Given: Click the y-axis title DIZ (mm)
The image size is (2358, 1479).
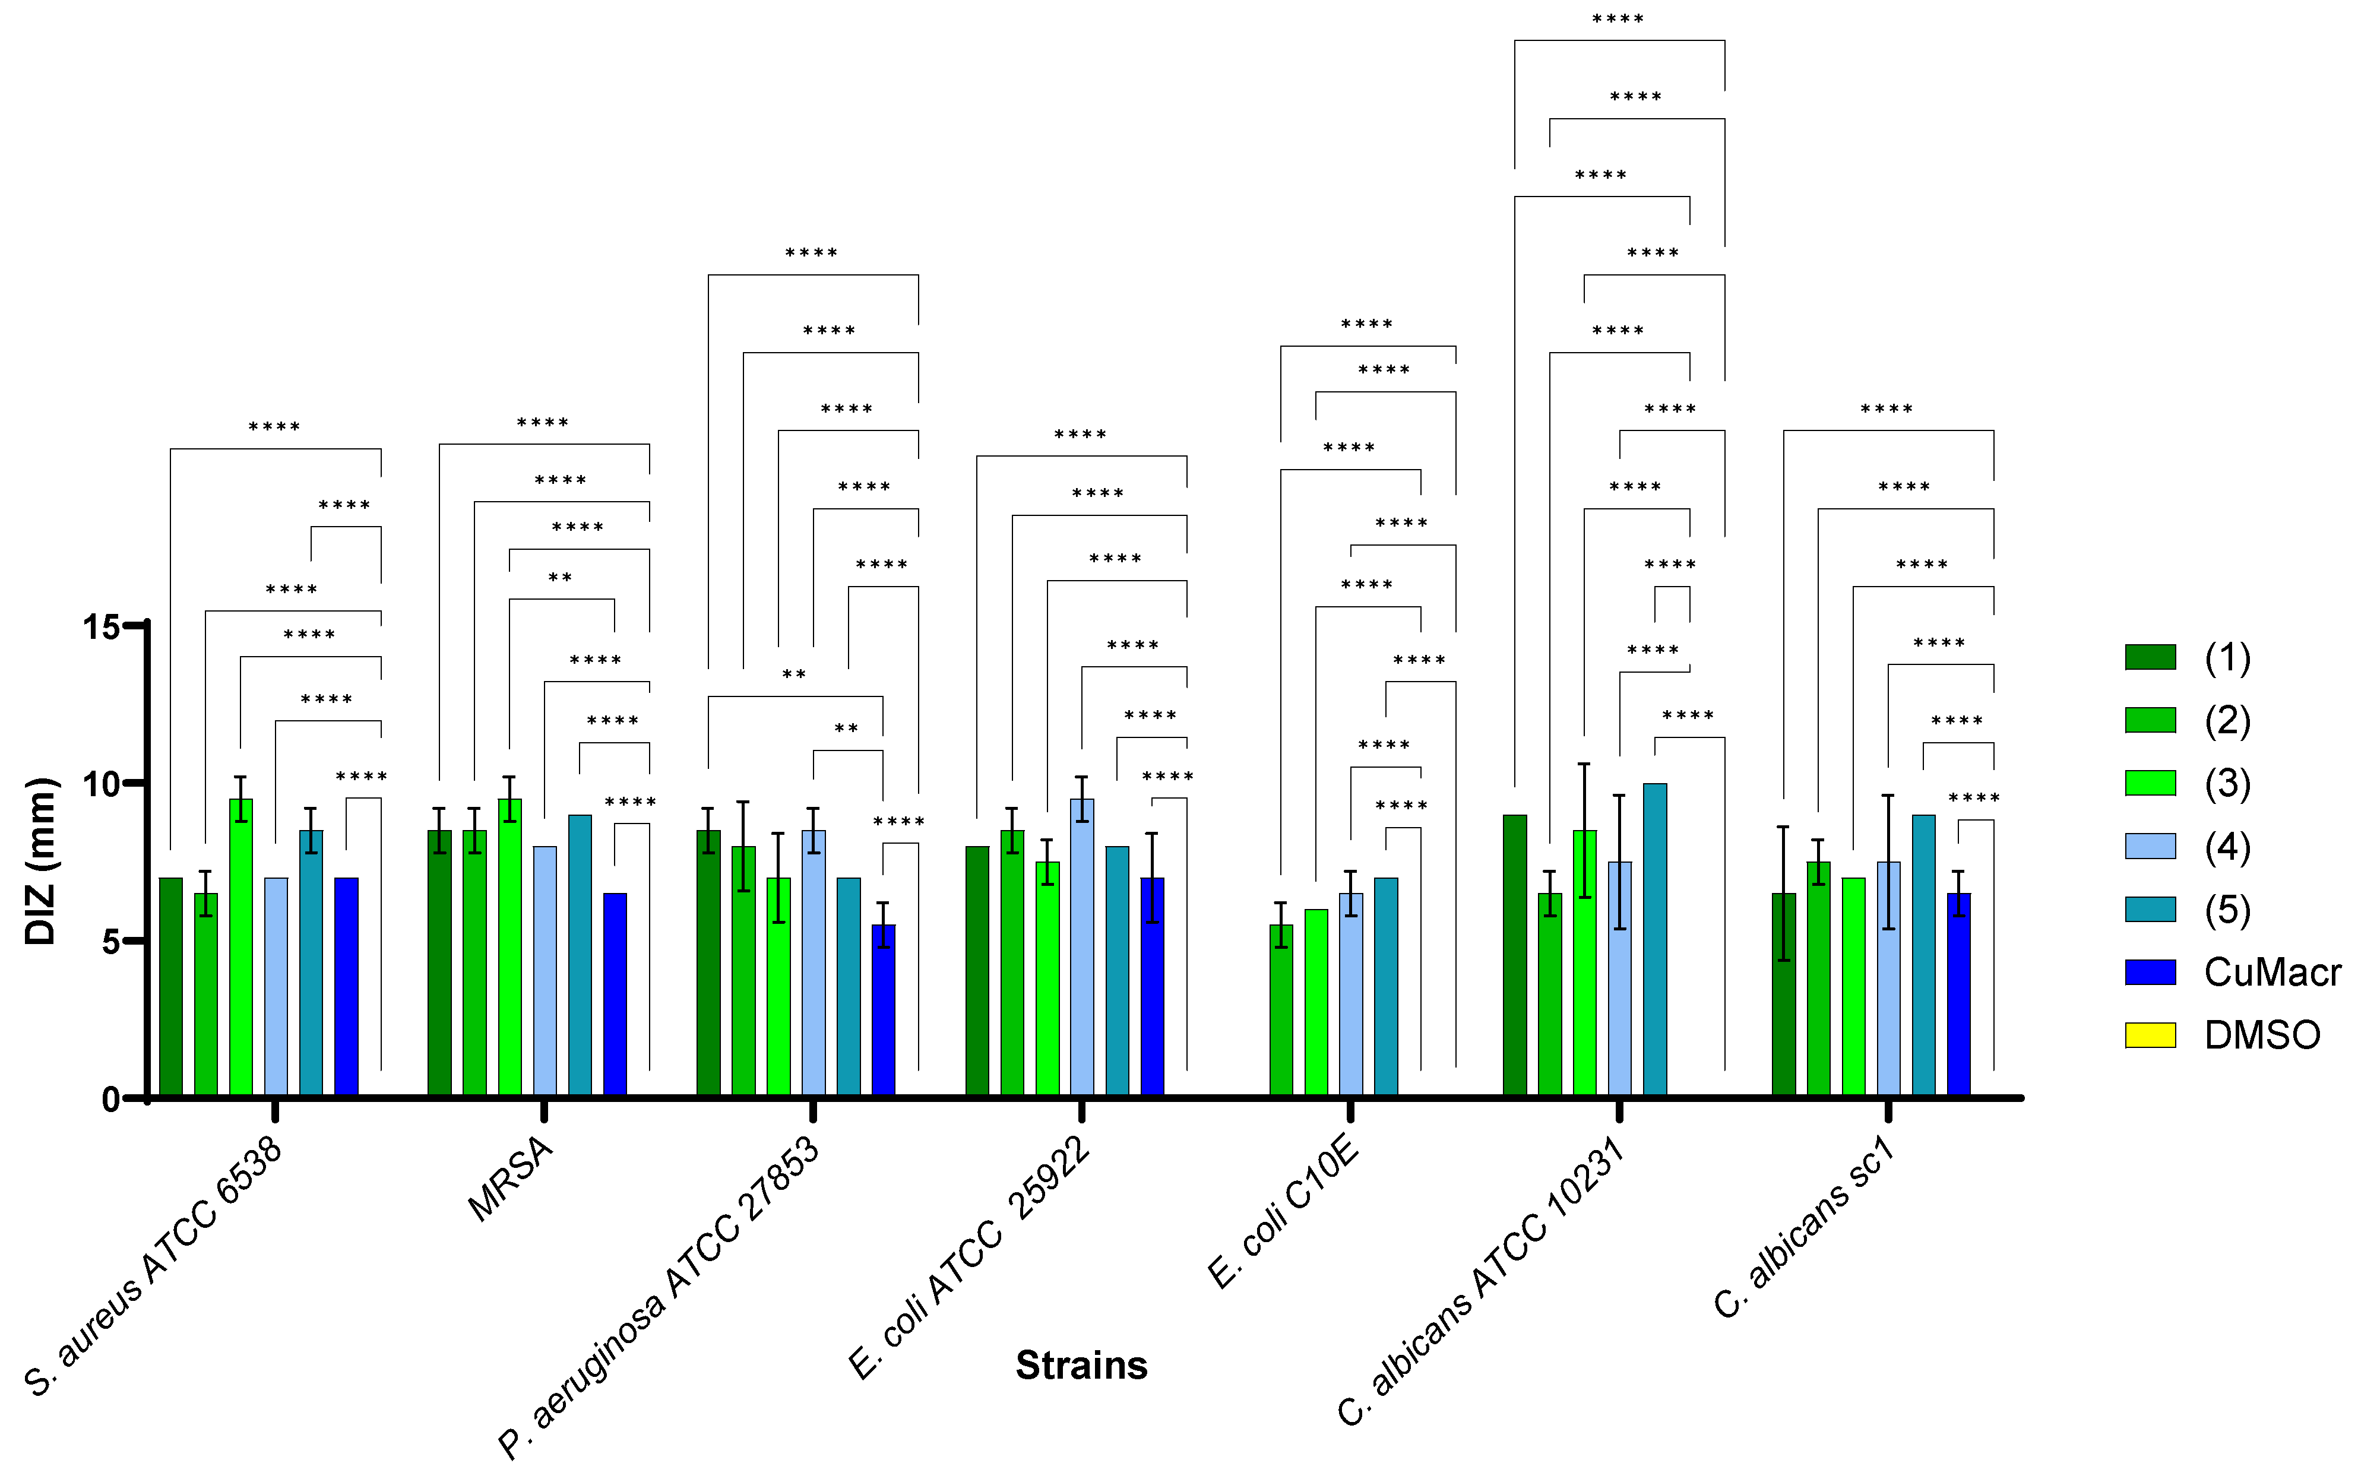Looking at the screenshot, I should point(41,861).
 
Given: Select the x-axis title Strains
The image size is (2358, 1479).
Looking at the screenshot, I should point(1081,1364).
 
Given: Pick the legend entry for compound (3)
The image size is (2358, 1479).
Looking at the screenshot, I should point(2227,784).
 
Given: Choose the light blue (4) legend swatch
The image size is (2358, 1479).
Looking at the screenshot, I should point(2150,846).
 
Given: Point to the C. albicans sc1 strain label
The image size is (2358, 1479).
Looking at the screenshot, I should point(1805,1228).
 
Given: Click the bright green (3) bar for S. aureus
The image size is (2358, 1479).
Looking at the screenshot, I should point(240,947).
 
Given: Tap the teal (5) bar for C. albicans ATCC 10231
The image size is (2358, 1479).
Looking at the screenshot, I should point(1655,939).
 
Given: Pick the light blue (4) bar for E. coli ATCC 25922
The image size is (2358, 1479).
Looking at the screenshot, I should point(1082,947).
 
